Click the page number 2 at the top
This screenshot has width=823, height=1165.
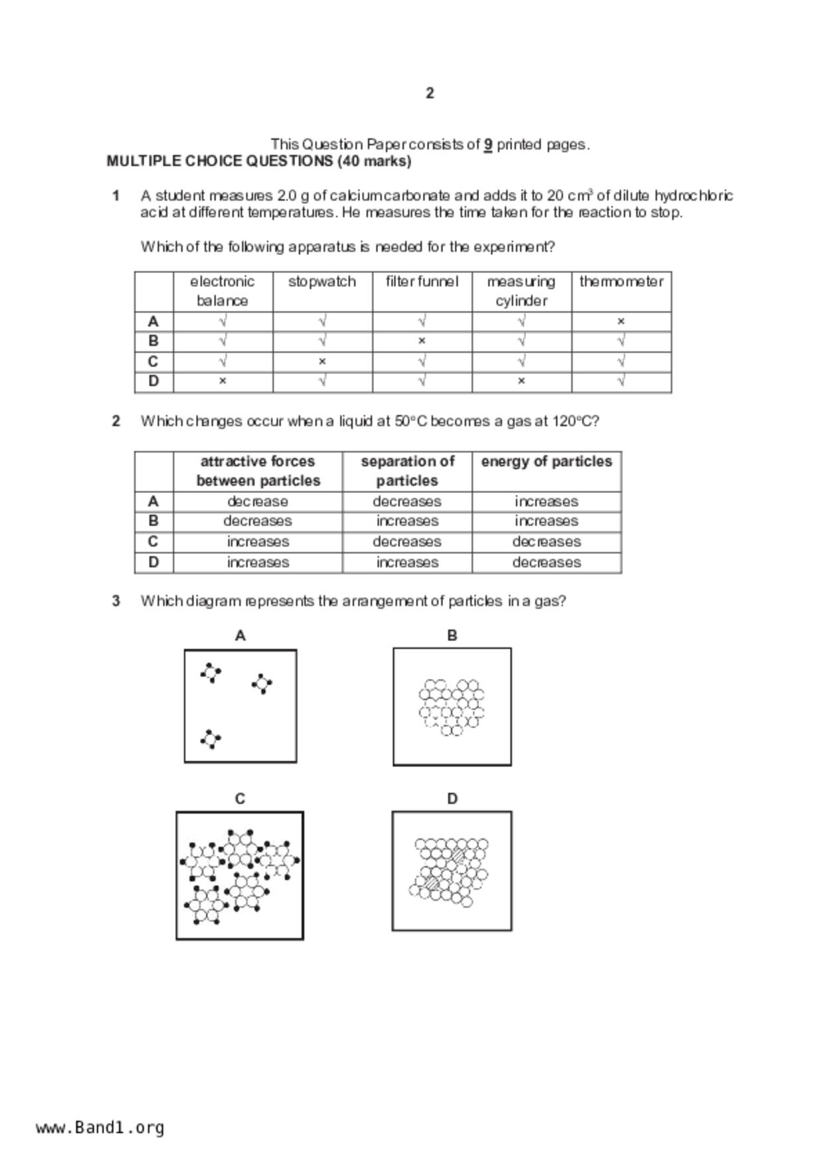point(430,93)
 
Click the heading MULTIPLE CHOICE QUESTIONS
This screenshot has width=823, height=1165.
point(259,161)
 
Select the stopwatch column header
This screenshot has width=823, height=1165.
point(322,282)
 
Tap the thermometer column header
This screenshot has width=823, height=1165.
point(621,282)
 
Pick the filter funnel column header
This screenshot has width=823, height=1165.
point(422,282)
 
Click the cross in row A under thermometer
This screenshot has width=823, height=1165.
point(621,321)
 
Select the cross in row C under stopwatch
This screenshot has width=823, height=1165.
point(322,362)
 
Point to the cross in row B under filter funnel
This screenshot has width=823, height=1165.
point(422,341)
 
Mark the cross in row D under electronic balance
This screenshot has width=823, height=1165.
point(223,381)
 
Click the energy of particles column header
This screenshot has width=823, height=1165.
point(546,462)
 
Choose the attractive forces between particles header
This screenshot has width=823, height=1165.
point(258,471)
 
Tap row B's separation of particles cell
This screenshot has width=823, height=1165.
point(407,521)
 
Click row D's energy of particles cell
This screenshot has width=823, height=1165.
point(546,563)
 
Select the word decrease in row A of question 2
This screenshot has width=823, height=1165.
point(258,501)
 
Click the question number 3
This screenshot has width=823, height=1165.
point(116,601)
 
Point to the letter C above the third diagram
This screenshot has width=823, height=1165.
point(240,799)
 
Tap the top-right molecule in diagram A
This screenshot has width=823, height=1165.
point(262,683)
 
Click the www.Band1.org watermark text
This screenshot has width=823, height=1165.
point(100,1128)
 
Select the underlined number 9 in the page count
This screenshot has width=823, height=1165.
point(488,144)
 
